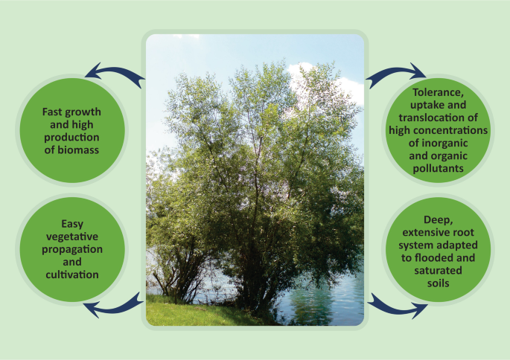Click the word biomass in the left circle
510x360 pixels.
click(x=78, y=150)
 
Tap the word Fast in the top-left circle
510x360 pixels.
click(x=51, y=112)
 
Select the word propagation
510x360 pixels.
click(x=72, y=249)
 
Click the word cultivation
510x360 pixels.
click(x=72, y=274)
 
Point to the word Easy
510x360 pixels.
click(x=72, y=224)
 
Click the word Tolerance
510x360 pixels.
click(x=438, y=92)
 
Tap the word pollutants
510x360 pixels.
click(x=438, y=169)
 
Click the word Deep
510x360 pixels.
click(x=438, y=220)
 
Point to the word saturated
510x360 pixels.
click(x=438, y=270)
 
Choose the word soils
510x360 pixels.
click(x=438, y=283)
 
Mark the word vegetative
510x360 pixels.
click(x=72, y=237)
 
